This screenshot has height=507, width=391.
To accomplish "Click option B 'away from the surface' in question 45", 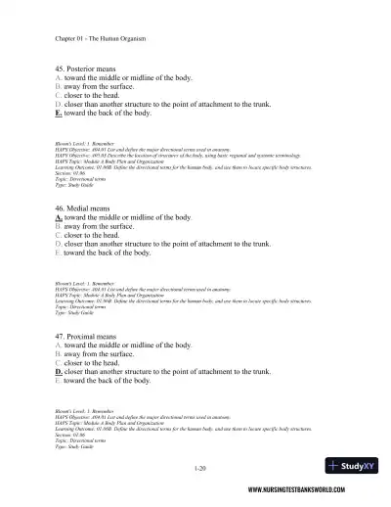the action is [x=108, y=85].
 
